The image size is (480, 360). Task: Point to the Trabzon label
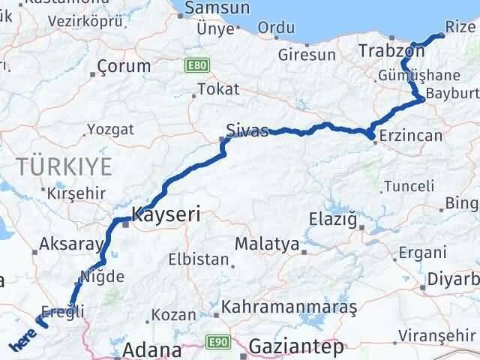pyautogui.click(x=391, y=51)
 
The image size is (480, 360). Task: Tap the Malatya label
pyautogui.click(x=266, y=244)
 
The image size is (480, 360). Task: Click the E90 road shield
pyautogui.click(x=218, y=342)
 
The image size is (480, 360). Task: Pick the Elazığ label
pyautogui.click(x=334, y=220)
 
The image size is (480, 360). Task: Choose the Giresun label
pyautogui.click(x=306, y=55)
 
